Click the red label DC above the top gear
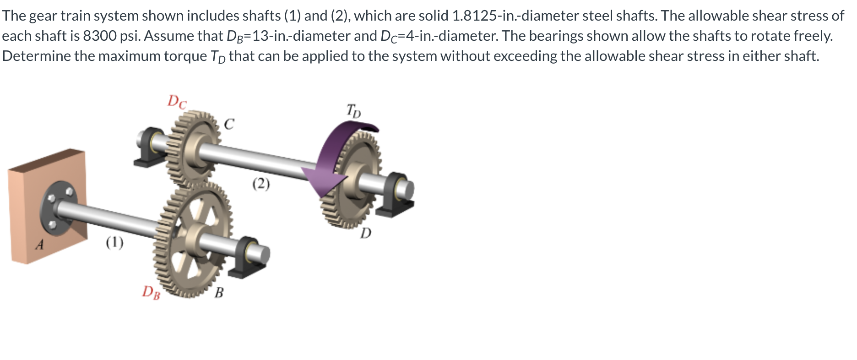tap(177, 102)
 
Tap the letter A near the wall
tap(40, 245)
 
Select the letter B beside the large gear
tap(219, 292)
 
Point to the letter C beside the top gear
tap(229, 124)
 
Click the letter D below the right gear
tap(365, 234)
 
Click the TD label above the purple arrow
tap(353, 110)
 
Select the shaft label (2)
tap(261, 184)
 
